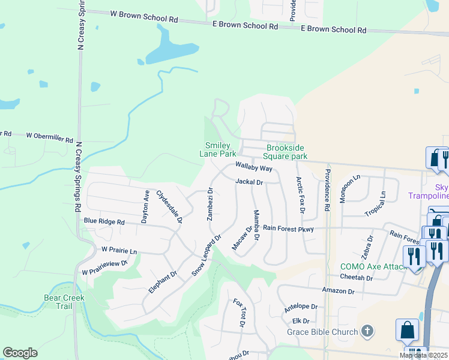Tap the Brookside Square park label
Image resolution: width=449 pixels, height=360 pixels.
pos(286,152)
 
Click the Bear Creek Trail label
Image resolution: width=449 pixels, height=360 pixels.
pos(64,302)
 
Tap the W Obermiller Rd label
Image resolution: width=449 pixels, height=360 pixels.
pos(49,136)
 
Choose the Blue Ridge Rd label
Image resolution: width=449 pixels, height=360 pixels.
pos(104,222)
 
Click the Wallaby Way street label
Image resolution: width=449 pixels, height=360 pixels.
pos(254,167)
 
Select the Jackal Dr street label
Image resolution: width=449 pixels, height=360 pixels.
pos(250,181)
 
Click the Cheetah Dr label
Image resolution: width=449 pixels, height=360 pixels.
pos(357,278)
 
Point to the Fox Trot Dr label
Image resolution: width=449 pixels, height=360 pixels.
pos(240,313)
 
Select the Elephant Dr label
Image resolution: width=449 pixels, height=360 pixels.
pos(163,282)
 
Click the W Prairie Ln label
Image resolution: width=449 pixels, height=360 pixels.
pos(119,250)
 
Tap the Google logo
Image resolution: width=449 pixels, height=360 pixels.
pos(20,353)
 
